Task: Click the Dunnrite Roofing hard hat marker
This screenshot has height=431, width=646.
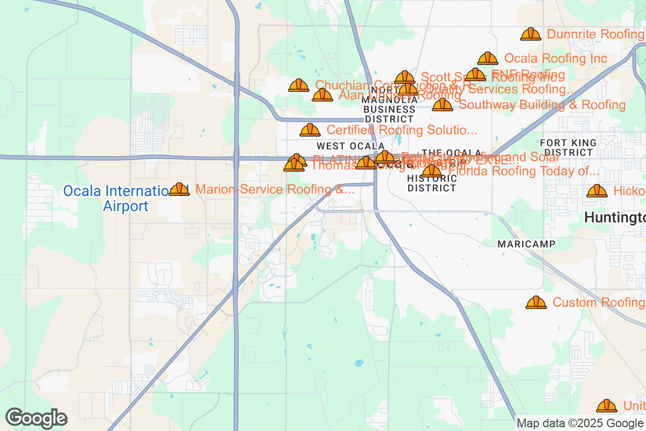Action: (530, 34)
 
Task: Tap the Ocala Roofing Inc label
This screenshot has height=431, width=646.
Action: (556, 59)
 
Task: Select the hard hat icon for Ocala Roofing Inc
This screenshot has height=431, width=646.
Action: (487, 58)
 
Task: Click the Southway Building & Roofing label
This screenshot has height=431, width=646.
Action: (542, 105)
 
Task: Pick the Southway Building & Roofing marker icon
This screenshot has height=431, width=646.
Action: (442, 105)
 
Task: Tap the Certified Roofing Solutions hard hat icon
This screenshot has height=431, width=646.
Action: (310, 130)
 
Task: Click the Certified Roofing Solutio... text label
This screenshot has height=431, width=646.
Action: (402, 130)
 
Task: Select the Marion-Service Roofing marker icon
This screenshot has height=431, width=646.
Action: (179, 189)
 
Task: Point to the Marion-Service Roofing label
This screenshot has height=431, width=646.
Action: (275, 190)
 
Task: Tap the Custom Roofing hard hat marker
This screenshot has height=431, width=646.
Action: (536, 302)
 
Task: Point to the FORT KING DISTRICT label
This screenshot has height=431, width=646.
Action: (568, 148)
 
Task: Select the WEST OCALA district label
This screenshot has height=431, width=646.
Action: (350, 146)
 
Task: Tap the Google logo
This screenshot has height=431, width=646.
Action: (37, 418)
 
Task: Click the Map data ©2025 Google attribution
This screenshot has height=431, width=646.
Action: (580, 423)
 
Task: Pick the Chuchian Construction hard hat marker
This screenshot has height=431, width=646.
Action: (298, 85)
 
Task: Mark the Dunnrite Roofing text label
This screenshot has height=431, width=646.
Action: (595, 34)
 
